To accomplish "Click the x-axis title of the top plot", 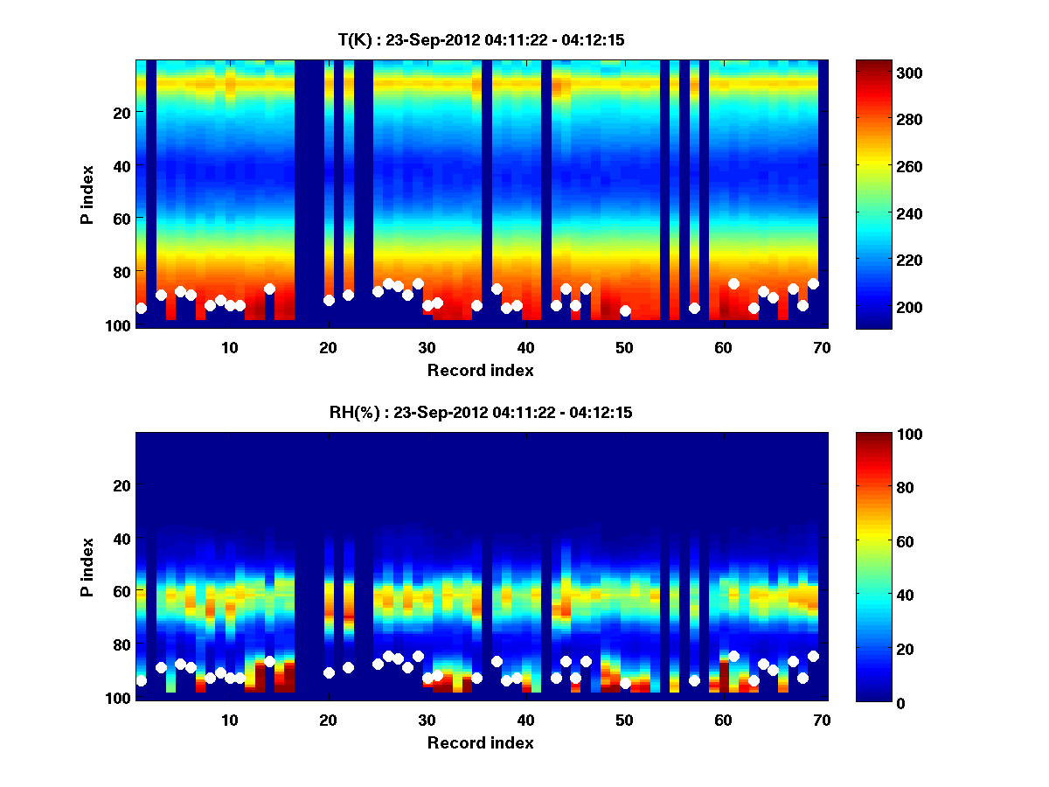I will coord(480,370).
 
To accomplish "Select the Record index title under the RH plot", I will coord(480,742).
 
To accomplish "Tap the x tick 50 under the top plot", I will coord(624,347).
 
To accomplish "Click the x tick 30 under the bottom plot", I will coord(427,720).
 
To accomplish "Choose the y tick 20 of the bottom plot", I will coord(122,485).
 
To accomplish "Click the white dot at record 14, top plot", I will coord(269,289).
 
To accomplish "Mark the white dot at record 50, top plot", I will coord(625,310).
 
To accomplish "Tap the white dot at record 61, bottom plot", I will coord(733,656).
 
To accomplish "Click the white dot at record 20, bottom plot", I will coord(329,672).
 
